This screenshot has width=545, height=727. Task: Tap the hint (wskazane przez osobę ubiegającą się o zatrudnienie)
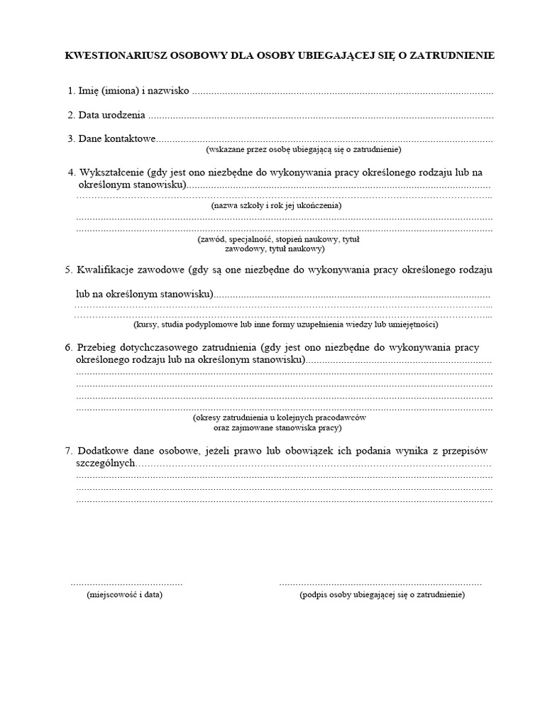pos(304,150)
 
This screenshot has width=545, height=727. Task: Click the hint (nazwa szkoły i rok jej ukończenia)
pos(276,205)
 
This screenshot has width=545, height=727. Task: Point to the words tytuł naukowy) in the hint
pos(296,249)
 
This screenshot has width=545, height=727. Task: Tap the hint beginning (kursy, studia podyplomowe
pos(285,324)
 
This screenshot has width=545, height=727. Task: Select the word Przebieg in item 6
pos(98,347)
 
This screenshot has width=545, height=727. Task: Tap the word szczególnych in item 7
pos(106,463)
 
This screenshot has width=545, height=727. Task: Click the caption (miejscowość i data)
pos(125,594)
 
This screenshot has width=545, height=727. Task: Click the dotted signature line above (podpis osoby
pos(380,583)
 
